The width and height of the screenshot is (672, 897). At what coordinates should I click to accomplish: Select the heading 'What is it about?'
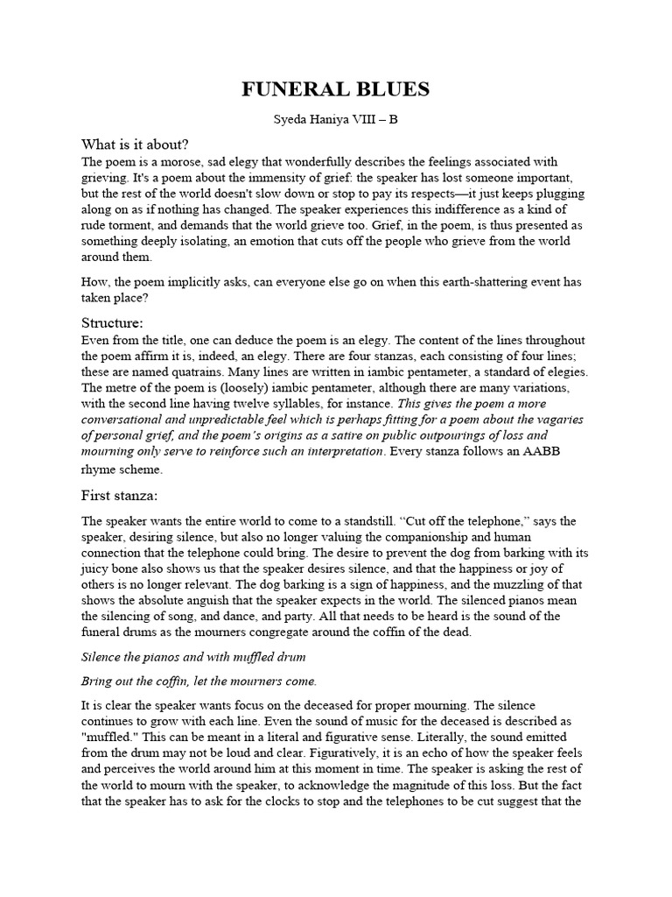pos(136,145)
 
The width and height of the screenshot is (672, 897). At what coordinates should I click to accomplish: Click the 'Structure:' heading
pos(113,322)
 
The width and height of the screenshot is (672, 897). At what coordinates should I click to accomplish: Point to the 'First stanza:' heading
pos(121,495)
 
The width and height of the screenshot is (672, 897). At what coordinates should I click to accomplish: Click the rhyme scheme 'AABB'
pos(530,451)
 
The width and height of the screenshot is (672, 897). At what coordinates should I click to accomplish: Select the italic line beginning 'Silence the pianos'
pos(192,656)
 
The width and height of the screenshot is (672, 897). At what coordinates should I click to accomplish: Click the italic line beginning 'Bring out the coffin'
pos(199,681)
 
